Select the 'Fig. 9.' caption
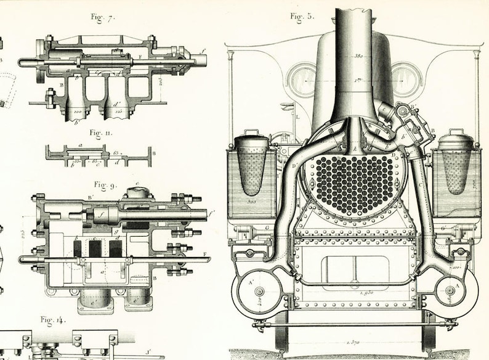(x=104, y=184)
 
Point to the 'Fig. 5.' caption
(x=302, y=16)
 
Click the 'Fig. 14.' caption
(x=52, y=319)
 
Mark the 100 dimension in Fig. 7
(x=78, y=112)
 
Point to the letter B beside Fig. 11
(x=153, y=152)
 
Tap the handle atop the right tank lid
(x=457, y=131)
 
